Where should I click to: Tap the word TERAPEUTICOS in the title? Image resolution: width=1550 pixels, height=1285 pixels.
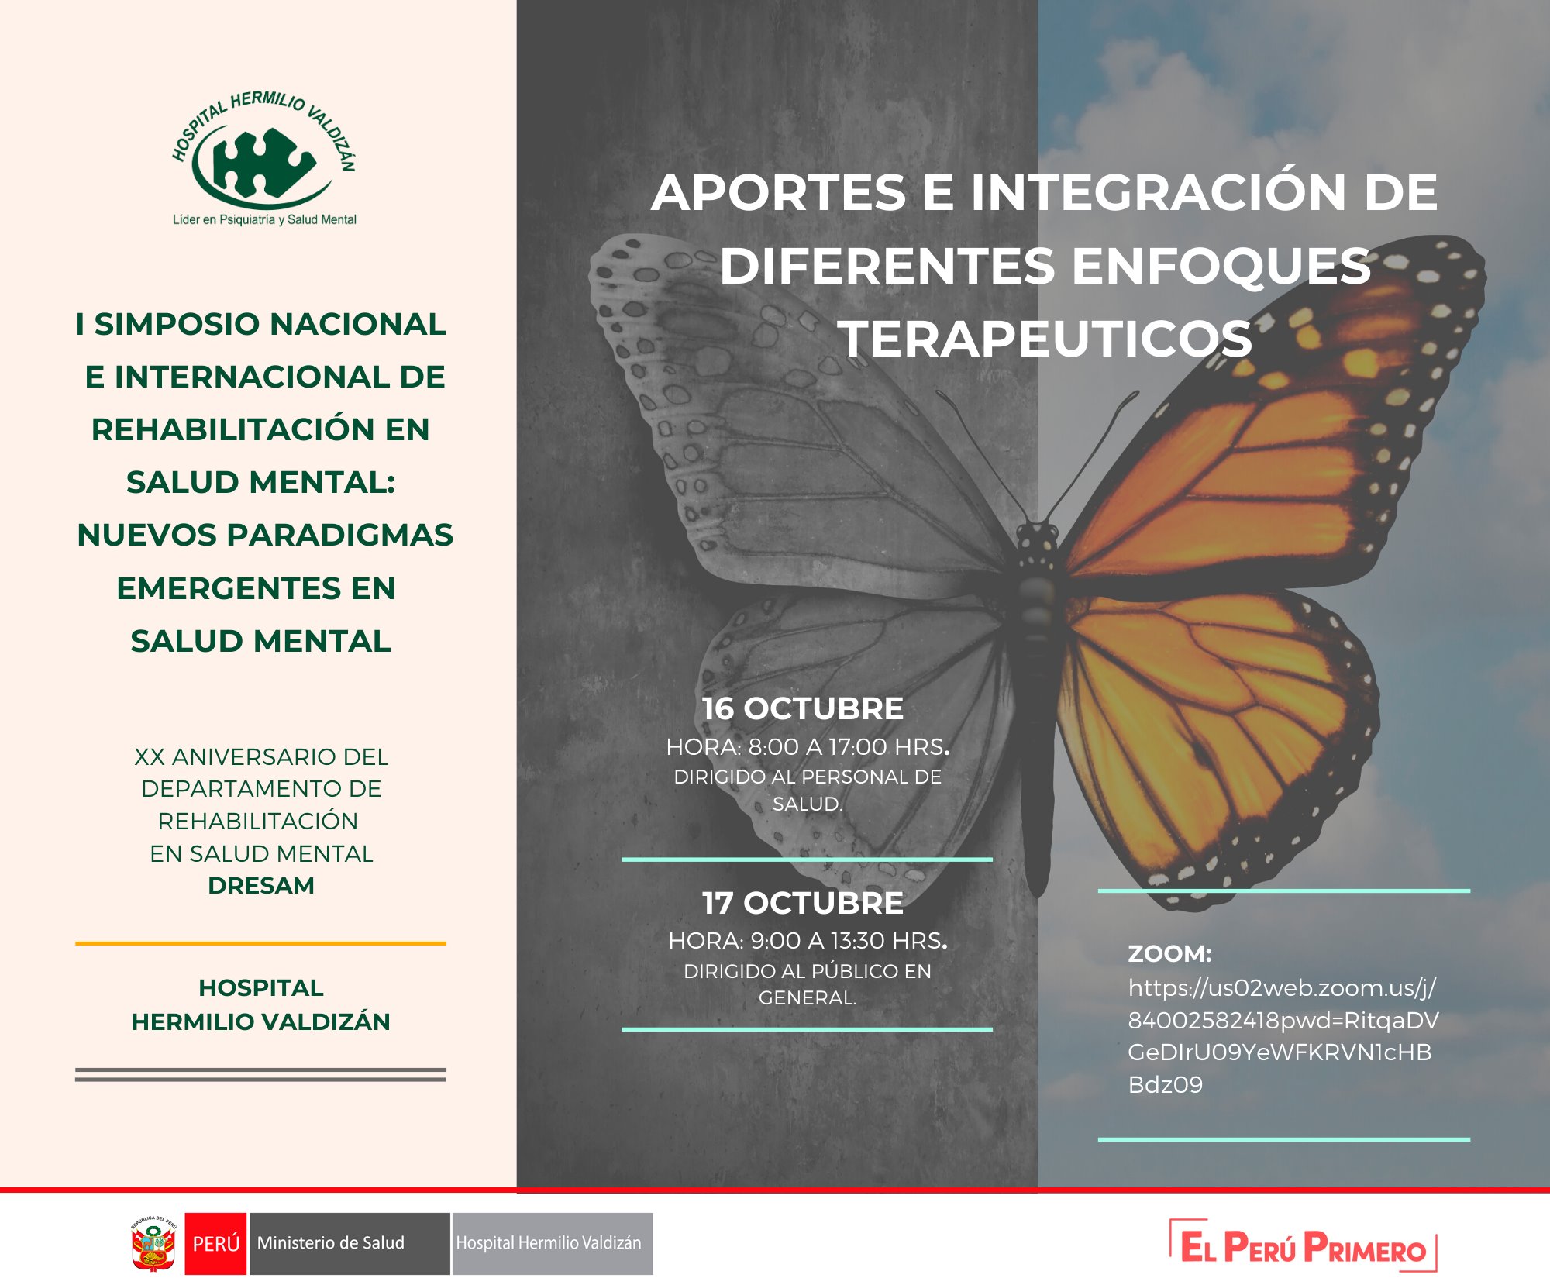tap(1045, 339)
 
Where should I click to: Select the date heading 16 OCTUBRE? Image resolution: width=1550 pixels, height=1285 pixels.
tap(803, 708)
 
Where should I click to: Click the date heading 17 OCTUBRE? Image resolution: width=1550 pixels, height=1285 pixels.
tap(803, 903)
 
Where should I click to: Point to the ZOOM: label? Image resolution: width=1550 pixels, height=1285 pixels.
tap(1169, 953)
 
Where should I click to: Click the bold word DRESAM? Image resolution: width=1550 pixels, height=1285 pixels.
tap(261, 885)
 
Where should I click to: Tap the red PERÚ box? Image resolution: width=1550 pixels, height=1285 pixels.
tap(215, 1243)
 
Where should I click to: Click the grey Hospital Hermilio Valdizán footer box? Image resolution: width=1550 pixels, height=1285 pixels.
tap(553, 1243)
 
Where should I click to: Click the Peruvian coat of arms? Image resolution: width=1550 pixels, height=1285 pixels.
tap(153, 1243)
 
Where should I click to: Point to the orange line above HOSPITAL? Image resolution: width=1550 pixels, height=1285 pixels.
tap(260, 943)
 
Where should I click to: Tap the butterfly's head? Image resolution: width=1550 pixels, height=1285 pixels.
tap(1037, 536)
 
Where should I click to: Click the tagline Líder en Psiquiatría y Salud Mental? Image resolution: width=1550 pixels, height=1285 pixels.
tap(264, 220)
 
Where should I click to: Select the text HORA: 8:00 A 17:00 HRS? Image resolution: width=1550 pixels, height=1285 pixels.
tap(808, 747)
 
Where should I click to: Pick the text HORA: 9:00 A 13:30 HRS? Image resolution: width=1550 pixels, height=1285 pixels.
tap(808, 941)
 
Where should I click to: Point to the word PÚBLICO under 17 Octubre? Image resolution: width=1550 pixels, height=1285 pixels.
tap(837, 970)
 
